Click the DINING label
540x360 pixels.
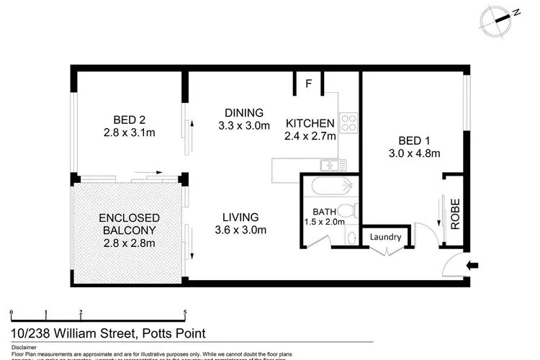pyautogui.click(x=244, y=113)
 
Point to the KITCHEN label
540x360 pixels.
pyautogui.click(x=310, y=122)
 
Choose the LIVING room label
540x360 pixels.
pyautogui.click(x=240, y=217)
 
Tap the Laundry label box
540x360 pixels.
pyautogui.click(x=385, y=236)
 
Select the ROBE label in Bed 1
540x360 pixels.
pyautogui.click(x=455, y=214)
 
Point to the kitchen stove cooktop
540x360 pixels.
pyautogui.click(x=349, y=122)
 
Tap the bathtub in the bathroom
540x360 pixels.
pyautogui.click(x=329, y=186)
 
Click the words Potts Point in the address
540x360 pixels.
pyautogui.click(x=173, y=333)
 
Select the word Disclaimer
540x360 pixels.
pyautogui.click(x=25, y=347)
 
